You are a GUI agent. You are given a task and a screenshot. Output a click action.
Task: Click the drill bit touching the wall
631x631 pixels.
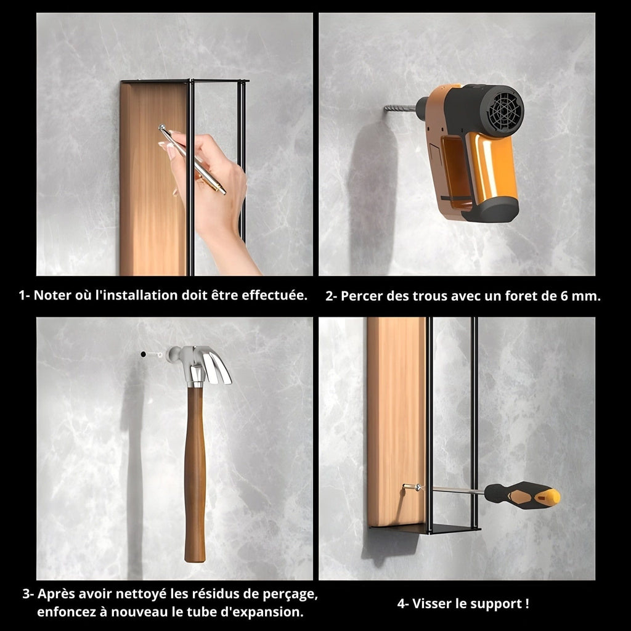click(x=400, y=108)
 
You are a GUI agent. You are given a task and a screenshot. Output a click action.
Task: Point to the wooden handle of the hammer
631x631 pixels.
click(x=195, y=475)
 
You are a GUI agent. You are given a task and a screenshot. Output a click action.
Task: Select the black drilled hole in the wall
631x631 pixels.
click(x=143, y=354)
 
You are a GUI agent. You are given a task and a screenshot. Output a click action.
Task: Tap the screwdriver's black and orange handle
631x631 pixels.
click(x=522, y=495)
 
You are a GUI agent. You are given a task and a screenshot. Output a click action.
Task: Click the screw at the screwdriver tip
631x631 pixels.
click(x=411, y=487)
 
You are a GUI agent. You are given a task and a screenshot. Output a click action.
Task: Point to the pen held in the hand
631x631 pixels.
click(x=192, y=160)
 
